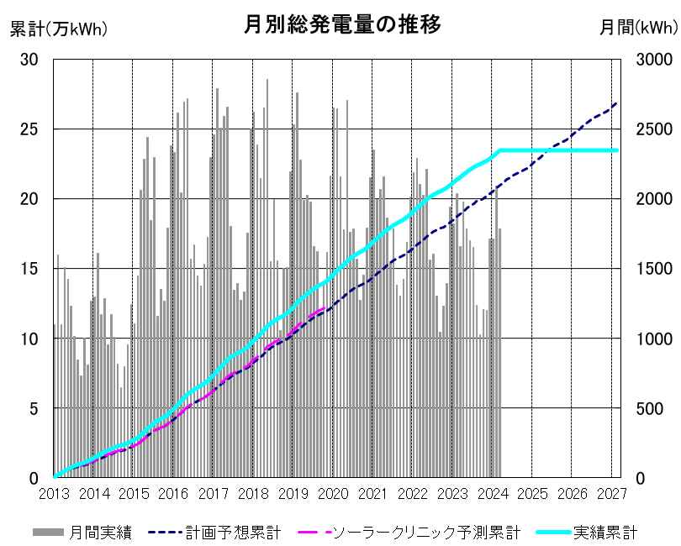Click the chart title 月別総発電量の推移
[x=342, y=24]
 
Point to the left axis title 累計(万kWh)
[x=59, y=29]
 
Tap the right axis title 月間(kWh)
[x=638, y=28]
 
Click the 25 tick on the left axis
[x=29, y=129]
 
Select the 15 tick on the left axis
[x=29, y=269]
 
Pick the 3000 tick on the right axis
[x=654, y=60]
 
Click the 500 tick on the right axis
[x=650, y=408]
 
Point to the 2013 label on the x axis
[x=54, y=494]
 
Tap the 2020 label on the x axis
[x=333, y=494]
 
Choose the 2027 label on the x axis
[x=612, y=494]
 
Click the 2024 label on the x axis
[x=493, y=494]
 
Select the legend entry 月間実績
[x=82, y=532]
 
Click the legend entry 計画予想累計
[x=214, y=532]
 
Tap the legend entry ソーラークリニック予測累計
[x=409, y=532]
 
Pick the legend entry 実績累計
[x=587, y=532]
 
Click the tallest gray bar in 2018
[x=267, y=278]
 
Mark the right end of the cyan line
[x=617, y=150]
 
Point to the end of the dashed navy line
[x=617, y=102]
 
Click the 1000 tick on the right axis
[x=654, y=339]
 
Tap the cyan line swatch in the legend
[x=553, y=532]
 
